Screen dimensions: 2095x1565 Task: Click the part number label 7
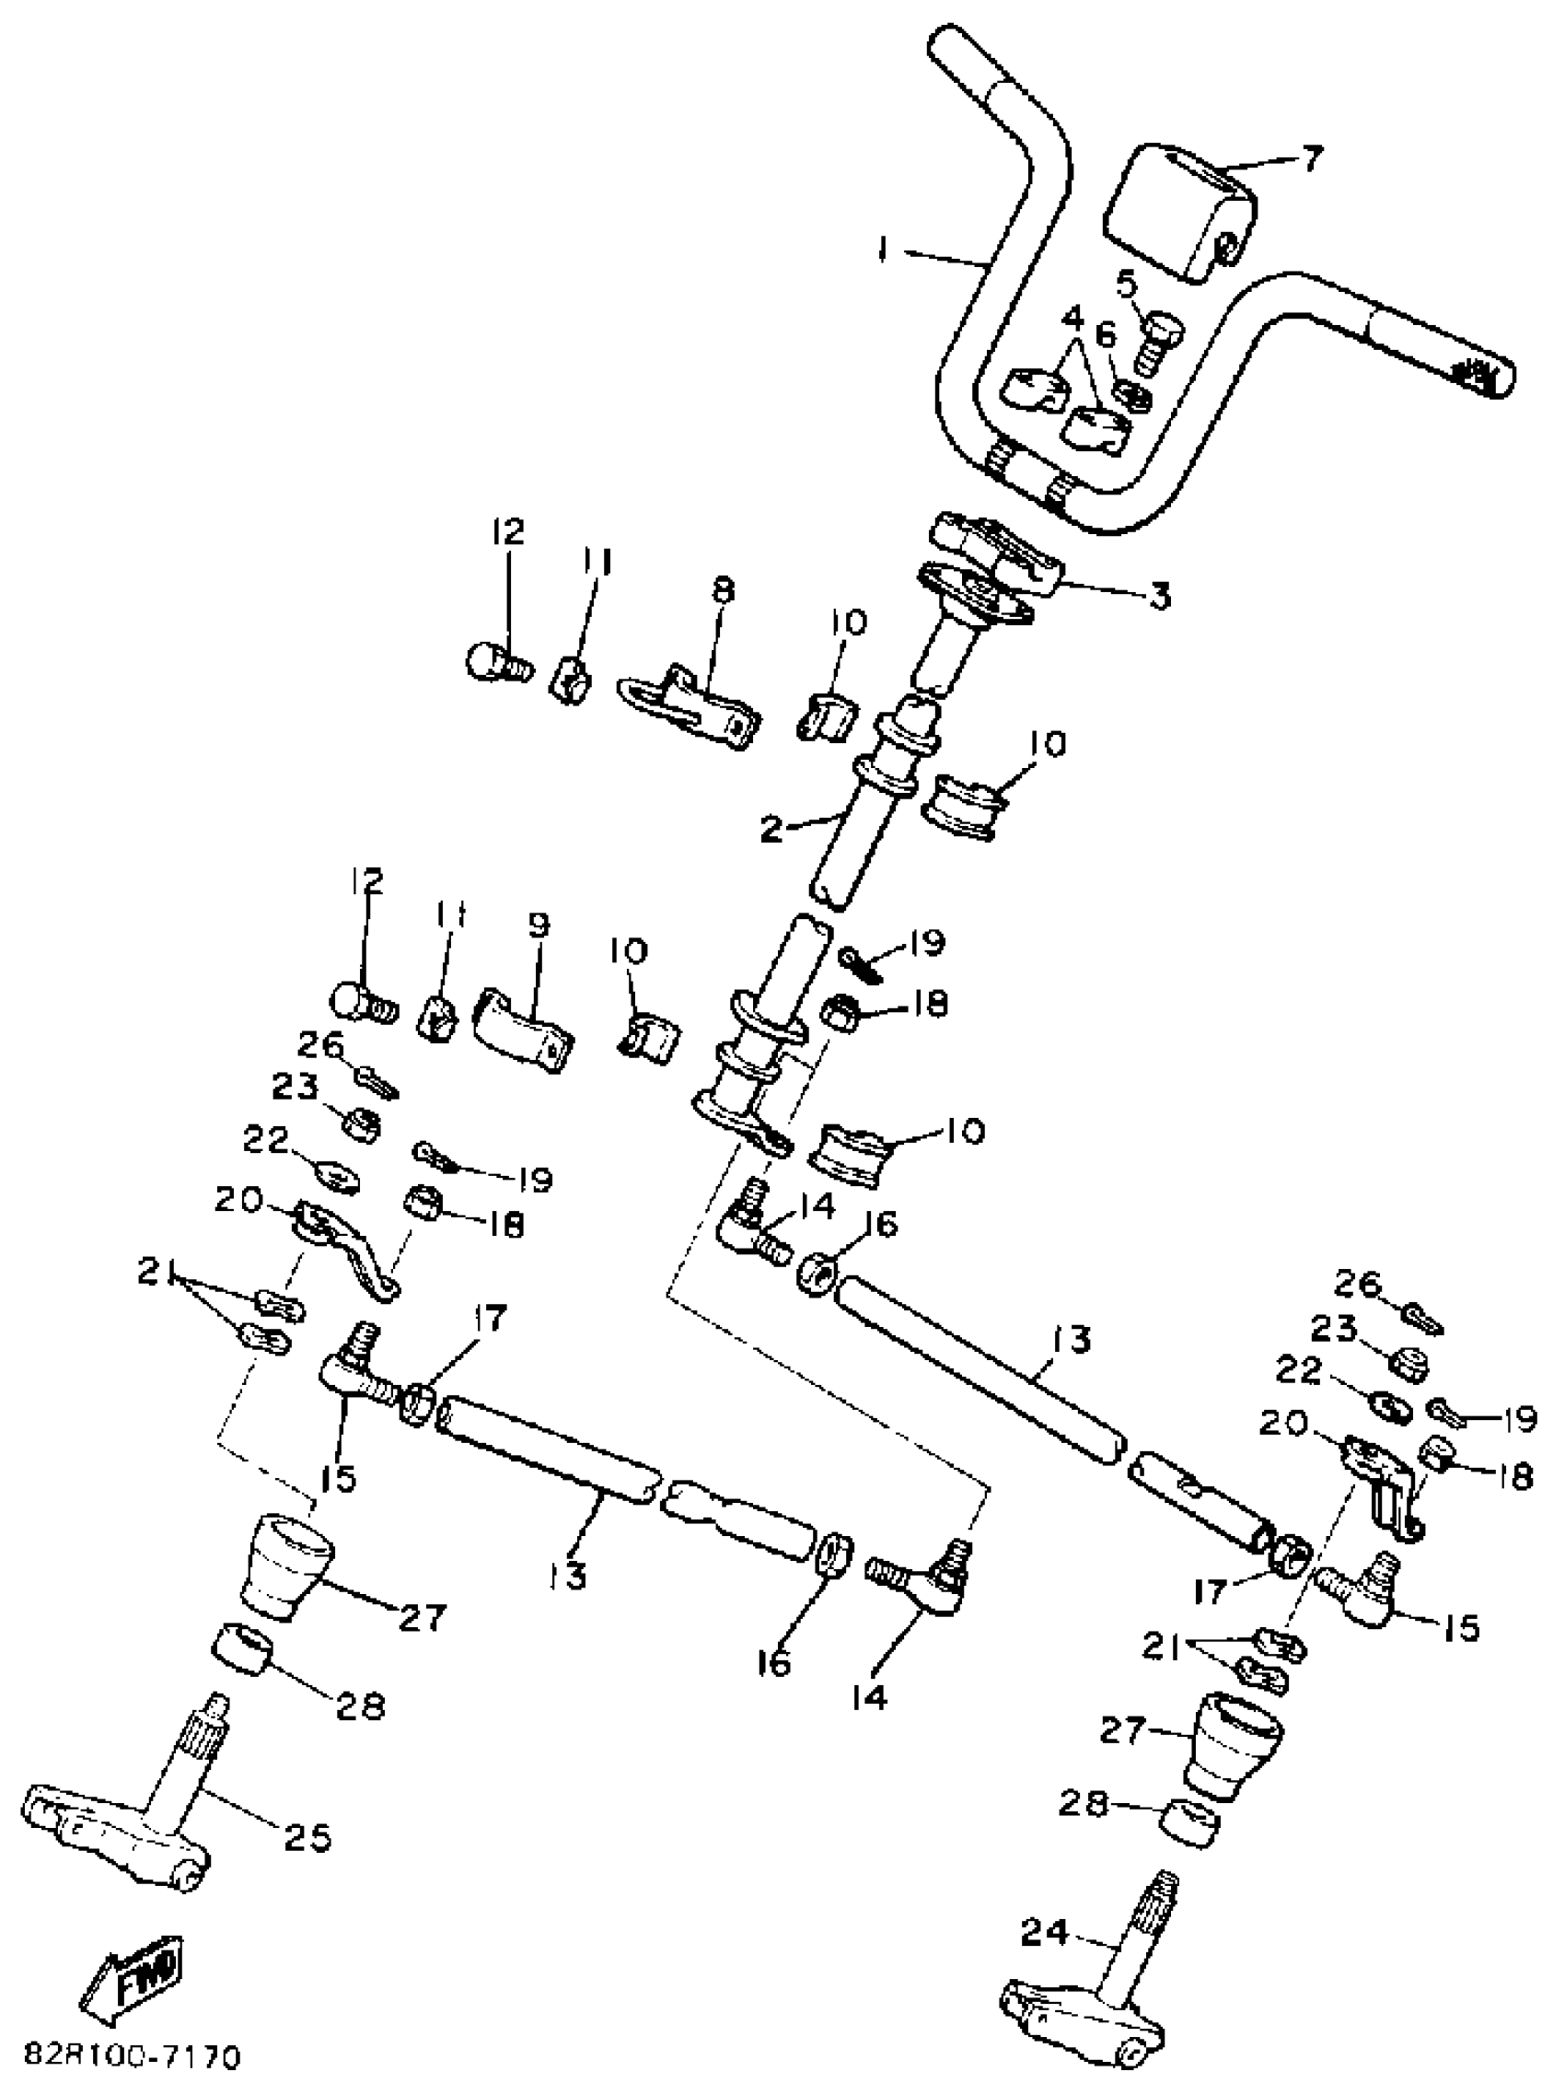pos(1310,158)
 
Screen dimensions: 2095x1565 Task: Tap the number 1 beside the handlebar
pos(884,251)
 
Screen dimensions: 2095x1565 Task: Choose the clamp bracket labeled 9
pos(524,1028)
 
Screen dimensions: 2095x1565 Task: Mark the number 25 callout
pos(308,1838)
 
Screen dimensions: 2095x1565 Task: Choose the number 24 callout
pos(1044,1931)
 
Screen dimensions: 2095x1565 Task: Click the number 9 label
pos(538,925)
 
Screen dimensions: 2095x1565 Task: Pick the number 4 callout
pos(1072,319)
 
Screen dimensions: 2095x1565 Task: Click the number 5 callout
pos(1126,281)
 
